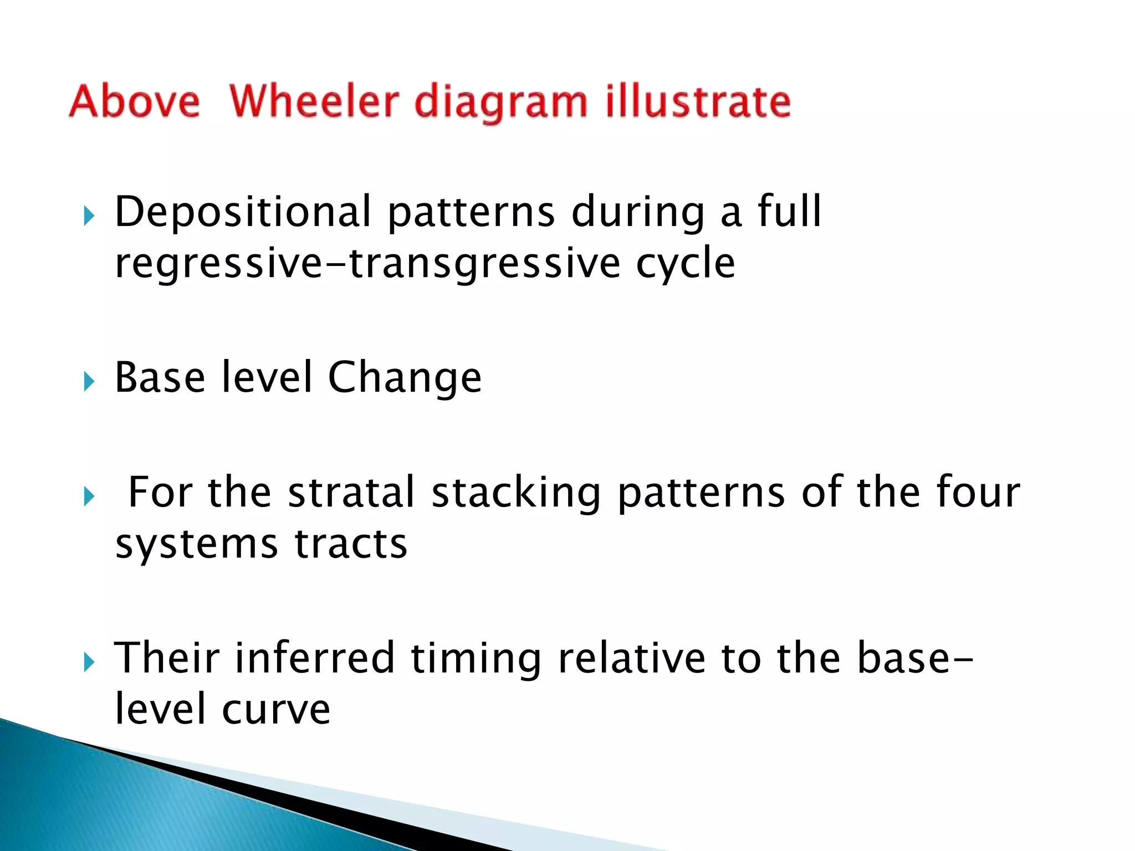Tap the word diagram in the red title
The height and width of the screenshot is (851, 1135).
tap(500, 103)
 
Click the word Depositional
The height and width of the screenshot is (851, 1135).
tap(243, 213)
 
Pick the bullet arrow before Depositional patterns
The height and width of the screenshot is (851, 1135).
tap(89, 216)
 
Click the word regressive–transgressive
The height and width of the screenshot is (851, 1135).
tap(368, 263)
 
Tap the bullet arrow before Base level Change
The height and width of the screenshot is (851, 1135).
tap(89, 382)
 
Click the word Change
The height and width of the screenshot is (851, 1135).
tap(405, 378)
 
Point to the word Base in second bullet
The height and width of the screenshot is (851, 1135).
tap(160, 377)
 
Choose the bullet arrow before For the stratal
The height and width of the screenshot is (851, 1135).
tap(89, 496)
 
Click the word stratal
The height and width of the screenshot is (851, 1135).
tap(351, 493)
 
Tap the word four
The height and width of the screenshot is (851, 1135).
tap(978, 493)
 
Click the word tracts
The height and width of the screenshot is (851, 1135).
tap(351, 545)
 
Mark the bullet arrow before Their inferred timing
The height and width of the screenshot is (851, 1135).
tap(89, 662)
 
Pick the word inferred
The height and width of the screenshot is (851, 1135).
tap(314, 658)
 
